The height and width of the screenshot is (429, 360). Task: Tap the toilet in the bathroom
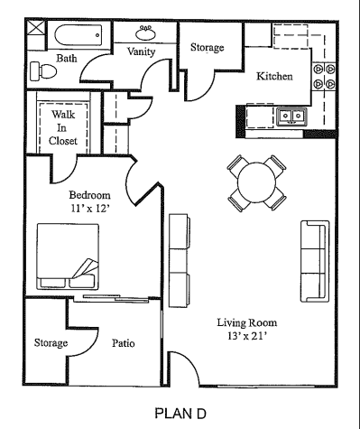pos(41,70)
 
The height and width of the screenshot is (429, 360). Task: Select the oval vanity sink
pos(144,32)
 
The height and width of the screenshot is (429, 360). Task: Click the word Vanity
pos(142,52)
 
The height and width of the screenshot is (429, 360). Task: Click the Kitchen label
pos(274,77)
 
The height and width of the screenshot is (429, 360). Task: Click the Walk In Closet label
pos(62,128)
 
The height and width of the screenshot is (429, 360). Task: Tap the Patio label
pos(125,343)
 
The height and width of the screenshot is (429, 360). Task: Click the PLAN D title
pos(180,415)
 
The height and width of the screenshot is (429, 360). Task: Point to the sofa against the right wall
pos(314,259)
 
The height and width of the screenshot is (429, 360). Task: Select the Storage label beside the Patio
pos(51,343)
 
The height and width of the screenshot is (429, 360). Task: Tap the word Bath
pos(66,59)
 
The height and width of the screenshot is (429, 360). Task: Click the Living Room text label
pos(246,322)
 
